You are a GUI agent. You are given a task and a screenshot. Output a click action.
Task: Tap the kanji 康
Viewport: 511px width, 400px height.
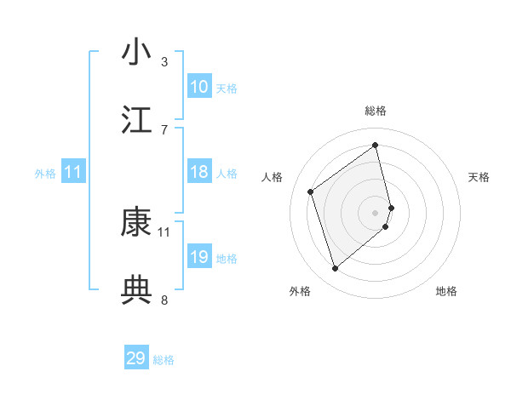[x=137, y=223]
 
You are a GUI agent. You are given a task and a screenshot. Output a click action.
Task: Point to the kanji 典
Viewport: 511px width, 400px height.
[x=137, y=290]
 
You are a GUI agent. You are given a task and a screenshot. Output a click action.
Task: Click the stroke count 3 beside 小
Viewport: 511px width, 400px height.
[x=164, y=61]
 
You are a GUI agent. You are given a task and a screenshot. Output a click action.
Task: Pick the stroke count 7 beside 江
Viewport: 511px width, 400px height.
[x=164, y=129]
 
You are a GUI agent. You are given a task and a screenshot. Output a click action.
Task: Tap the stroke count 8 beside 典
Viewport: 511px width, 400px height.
[x=164, y=300]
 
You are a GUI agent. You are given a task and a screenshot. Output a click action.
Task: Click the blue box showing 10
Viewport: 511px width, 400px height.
[x=199, y=87]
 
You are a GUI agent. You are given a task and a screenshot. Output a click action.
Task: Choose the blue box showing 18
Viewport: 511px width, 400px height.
[x=199, y=173]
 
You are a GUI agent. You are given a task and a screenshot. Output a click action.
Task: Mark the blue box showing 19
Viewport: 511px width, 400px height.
[x=199, y=257]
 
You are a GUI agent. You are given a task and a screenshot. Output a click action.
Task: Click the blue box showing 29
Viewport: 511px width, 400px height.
[x=136, y=358]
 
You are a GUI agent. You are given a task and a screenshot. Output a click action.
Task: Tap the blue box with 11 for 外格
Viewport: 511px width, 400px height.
[x=73, y=173]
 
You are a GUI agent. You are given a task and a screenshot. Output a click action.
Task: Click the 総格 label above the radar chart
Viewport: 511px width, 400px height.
[x=376, y=111]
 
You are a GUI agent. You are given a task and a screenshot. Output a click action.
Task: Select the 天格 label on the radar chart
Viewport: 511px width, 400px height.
[x=479, y=177]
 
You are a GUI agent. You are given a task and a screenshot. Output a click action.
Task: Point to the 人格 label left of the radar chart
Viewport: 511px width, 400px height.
[x=273, y=177]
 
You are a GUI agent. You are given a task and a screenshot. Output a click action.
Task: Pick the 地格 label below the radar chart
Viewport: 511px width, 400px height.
[x=446, y=291]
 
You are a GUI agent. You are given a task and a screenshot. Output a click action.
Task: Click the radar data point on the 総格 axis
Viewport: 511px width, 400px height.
[x=376, y=145]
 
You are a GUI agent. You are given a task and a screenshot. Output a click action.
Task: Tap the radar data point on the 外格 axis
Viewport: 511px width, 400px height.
[x=335, y=269]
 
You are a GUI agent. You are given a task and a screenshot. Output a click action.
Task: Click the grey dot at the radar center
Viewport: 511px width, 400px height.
[x=376, y=212]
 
